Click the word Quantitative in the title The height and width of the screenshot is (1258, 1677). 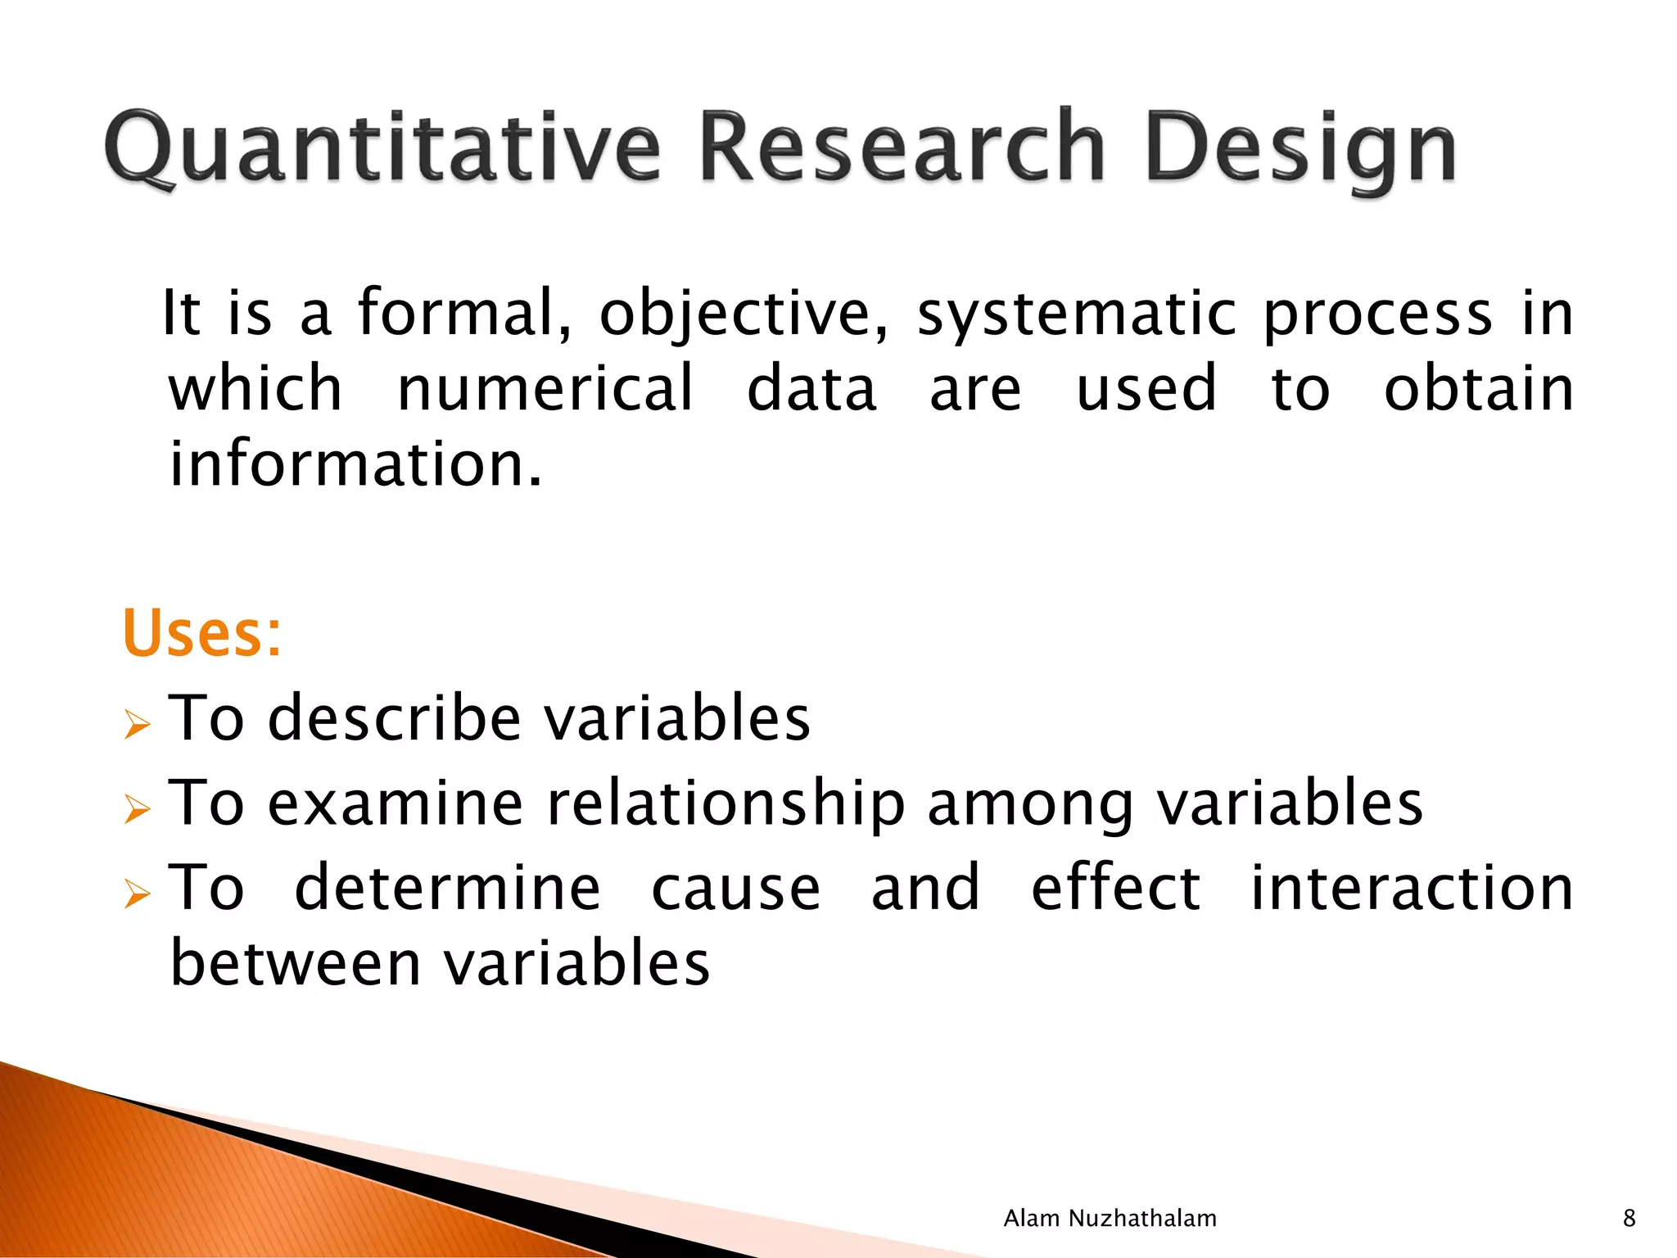pyautogui.click(x=382, y=147)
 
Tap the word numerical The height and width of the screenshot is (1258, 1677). pyautogui.click(x=545, y=388)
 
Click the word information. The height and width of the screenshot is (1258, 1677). pyautogui.click(x=355, y=464)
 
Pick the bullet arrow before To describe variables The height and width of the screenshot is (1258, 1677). pyautogui.click(x=138, y=724)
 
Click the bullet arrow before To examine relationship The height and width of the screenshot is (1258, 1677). pyautogui.click(x=138, y=809)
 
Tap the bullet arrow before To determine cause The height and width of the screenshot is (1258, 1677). pyautogui.click(x=138, y=894)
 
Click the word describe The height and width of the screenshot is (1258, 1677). pyautogui.click(x=394, y=717)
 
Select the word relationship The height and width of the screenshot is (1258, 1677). pyautogui.click(x=725, y=804)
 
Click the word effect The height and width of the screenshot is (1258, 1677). pyautogui.click(x=1115, y=888)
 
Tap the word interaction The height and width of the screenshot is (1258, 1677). pyautogui.click(x=1410, y=888)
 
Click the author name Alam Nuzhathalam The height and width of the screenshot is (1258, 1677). pyautogui.click(x=1110, y=1219)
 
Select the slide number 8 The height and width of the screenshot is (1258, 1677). pyautogui.click(x=1629, y=1219)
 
